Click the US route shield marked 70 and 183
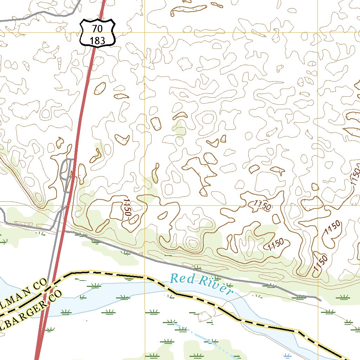97,33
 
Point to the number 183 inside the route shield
97,40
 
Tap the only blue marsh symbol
287,355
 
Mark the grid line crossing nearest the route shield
144,32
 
